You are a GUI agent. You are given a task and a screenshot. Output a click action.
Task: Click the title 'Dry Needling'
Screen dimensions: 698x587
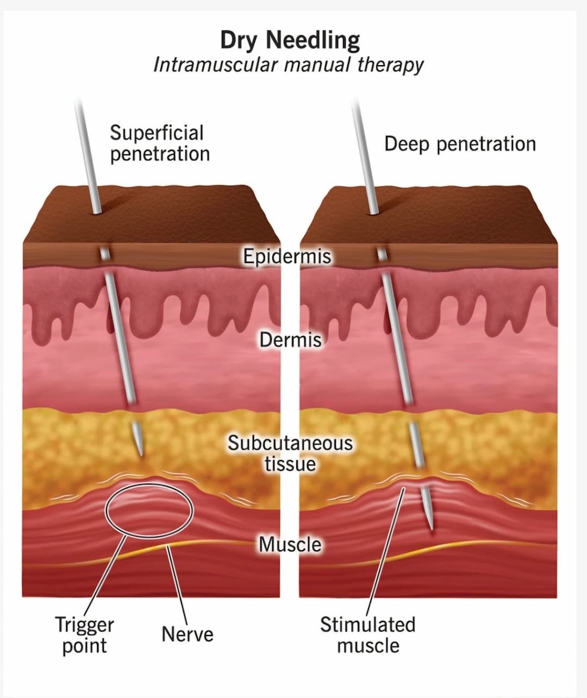[290, 41]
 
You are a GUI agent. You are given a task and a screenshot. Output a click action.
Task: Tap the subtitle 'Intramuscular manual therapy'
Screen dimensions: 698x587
[288, 65]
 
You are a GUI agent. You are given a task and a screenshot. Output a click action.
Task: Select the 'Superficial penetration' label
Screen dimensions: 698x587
[159, 143]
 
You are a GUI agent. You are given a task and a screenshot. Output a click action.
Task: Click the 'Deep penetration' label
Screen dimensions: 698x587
[460, 144]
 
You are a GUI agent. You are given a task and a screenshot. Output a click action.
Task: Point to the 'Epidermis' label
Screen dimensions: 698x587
[286, 256]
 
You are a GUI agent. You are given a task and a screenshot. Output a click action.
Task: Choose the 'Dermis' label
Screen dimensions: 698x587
[290, 340]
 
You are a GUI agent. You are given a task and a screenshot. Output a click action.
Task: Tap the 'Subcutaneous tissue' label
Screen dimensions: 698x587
[290, 453]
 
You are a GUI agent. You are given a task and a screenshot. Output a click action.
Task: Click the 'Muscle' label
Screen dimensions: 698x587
[290, 544]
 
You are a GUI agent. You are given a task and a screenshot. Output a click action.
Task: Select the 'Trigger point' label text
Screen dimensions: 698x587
[84, 635]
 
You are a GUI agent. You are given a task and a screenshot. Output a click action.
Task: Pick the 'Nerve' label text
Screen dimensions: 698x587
[188, 634]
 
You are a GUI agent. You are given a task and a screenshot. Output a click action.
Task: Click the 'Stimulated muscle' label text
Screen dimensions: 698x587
[367, 635]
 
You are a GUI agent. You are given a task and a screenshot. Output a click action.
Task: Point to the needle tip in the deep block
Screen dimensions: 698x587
[431, 527]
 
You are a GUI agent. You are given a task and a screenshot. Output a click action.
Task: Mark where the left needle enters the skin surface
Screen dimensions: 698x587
[97, 212]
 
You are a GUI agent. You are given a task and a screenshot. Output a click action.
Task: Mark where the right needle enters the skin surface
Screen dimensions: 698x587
[374, 212]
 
